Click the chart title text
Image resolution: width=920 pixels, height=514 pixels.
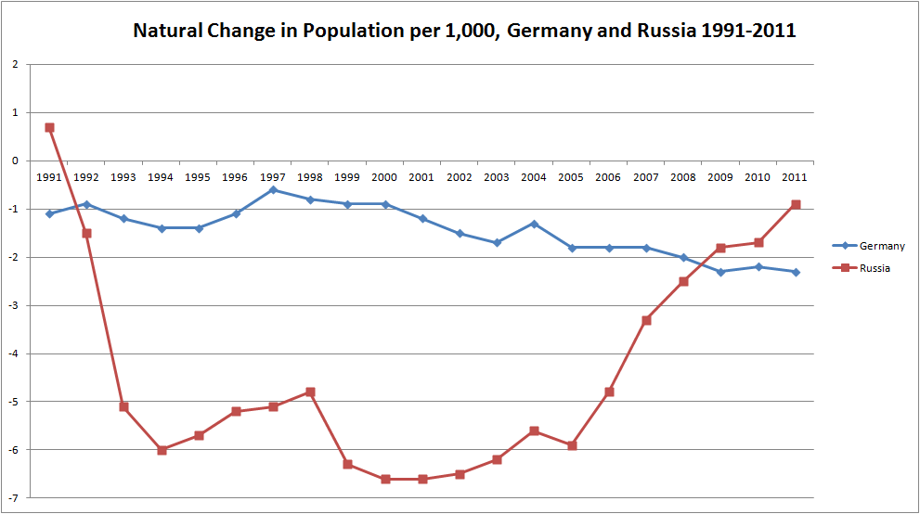(464, 31)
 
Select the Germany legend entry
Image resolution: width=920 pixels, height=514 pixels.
(868, 246)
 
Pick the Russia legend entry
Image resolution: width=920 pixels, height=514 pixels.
(862, 268)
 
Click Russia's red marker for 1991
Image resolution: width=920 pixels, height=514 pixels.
(49, 127)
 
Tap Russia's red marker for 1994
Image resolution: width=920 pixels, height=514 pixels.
(162, 450)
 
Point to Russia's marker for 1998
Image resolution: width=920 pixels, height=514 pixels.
(310, 392)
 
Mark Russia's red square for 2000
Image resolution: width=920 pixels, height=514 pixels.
(385, 479)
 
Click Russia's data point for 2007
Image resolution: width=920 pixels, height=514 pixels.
(646, 320)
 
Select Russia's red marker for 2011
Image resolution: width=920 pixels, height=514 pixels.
(796, 204)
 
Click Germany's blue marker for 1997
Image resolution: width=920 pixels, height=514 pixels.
(274, 190)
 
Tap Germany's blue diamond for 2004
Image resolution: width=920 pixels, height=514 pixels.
(535, 224)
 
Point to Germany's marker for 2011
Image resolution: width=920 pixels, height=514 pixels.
(796, 272)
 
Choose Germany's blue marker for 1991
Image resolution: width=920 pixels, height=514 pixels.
(49, 214)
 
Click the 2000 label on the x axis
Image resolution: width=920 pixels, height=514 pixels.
(384, 177)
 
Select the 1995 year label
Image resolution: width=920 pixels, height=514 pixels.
(198, 177)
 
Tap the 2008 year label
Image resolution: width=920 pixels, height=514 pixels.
(683, 177)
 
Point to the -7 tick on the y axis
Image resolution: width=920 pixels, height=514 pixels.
(14, 498)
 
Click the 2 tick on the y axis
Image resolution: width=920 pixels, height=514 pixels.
(15, 64)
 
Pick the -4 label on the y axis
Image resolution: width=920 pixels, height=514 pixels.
(14, 353)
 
